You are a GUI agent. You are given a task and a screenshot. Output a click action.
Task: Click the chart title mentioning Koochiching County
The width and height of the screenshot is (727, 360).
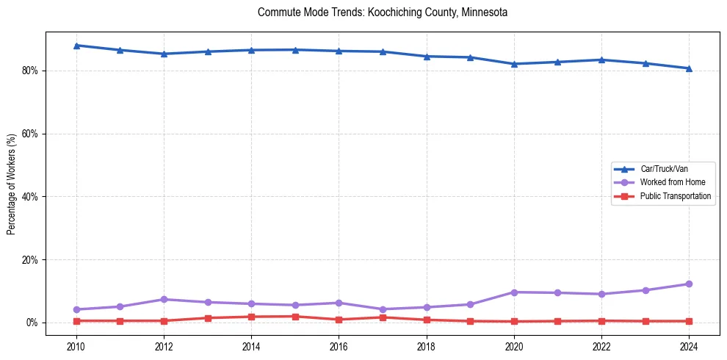point(383,12)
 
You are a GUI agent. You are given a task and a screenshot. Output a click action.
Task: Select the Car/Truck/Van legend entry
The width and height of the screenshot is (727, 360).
point(664,169)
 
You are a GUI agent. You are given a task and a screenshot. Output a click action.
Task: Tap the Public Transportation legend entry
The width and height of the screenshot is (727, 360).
point(675,196)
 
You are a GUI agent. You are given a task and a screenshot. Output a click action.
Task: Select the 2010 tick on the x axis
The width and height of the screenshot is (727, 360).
point(76,345)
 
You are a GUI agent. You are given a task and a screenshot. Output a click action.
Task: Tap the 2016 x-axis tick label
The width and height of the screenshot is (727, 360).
point(339,345)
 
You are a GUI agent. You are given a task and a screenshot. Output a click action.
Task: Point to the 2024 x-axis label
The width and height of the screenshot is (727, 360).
point(689,345)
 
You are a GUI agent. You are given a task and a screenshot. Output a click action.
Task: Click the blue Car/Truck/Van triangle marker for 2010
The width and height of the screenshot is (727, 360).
point(76,46)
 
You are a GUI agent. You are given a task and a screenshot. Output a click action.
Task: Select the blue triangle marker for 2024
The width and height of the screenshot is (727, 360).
point(689,68)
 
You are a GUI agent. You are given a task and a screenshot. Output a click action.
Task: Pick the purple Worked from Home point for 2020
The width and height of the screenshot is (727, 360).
point(514,292)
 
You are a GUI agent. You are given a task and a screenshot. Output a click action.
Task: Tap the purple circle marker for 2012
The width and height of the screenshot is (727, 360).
point(164,300)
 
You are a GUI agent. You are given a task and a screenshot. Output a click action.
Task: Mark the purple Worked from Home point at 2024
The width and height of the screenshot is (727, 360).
point(689,284)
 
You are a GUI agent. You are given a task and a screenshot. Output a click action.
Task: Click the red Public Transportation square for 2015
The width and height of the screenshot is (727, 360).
point(295,317)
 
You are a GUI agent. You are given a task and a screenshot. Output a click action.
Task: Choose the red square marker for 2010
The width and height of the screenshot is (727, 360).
point(76,321)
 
